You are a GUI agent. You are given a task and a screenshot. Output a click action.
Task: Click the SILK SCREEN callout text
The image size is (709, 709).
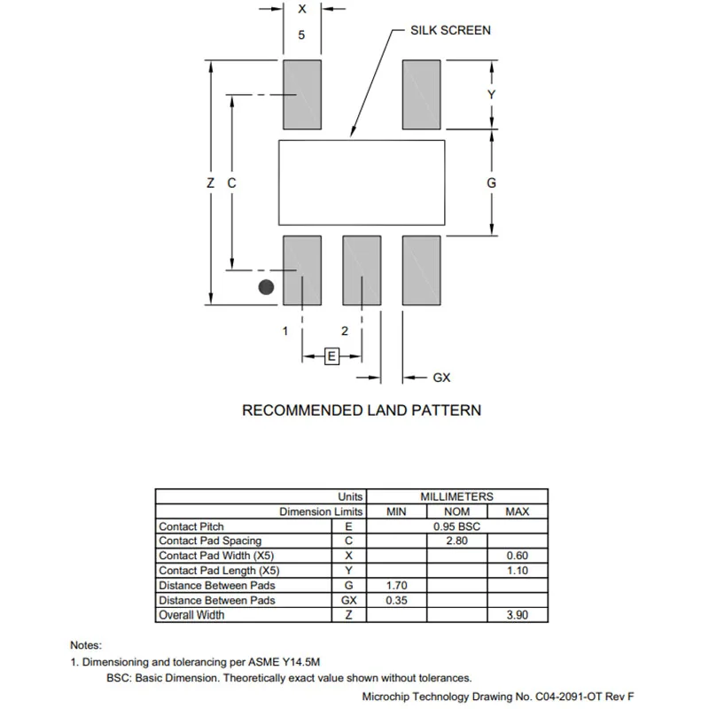450,30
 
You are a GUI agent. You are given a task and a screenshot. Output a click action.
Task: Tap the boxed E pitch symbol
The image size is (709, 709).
331,356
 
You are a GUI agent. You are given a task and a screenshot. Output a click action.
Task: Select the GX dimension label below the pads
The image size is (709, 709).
441,378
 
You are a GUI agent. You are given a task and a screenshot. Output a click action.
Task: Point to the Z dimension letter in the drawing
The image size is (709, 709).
210,183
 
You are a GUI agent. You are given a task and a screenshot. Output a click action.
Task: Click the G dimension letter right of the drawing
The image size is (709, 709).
491,183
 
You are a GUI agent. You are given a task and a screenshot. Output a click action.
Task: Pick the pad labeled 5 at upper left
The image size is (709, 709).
301,94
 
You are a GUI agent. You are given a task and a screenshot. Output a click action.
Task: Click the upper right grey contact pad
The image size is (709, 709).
422,94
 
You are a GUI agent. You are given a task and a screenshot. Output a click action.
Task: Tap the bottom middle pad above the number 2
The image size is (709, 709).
362,270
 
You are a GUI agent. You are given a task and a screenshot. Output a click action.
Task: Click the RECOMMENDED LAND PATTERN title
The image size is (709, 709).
362,410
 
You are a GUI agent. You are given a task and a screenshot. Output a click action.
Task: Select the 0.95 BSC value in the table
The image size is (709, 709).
456,526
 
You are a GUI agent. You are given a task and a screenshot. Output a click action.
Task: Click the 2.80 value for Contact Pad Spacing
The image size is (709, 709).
456,541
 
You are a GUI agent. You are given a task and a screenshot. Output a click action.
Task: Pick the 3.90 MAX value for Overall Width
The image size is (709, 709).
517,615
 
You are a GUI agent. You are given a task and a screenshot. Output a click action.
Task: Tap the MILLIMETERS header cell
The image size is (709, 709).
456,497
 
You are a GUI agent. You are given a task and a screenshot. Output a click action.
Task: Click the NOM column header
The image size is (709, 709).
456,511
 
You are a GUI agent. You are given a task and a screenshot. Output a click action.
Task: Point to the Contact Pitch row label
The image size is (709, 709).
191,526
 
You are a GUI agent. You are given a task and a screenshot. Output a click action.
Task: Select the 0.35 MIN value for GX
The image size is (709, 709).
396,601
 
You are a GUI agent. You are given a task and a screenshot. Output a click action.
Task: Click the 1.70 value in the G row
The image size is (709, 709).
396,586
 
